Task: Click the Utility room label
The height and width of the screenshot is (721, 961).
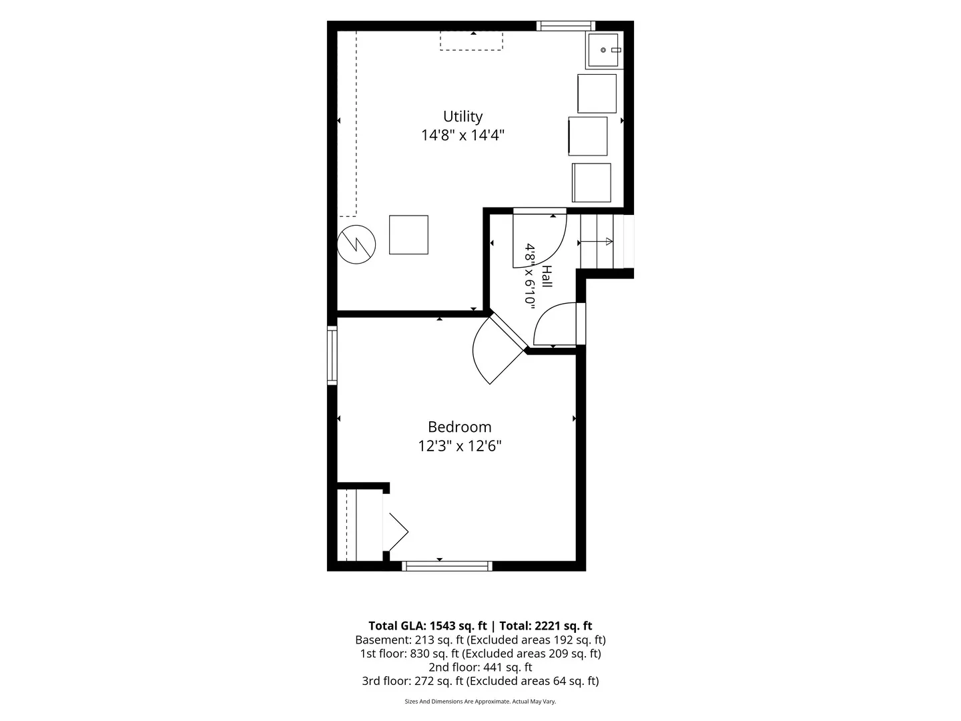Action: click(x=462, y=116)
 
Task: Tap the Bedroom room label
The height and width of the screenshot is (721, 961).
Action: click(x=459, y=427)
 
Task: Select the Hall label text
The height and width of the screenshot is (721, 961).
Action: click(x=547, y=276)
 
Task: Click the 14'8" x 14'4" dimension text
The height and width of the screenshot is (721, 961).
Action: click(x=462, y=136)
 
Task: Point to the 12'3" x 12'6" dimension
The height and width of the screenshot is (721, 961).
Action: click(x=459, y=446)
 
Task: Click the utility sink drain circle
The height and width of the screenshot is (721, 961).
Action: click(x=603, y=50)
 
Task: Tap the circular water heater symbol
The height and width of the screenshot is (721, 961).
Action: click(x=356, y=244)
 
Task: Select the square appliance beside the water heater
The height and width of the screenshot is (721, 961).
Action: click(x=408, y=234)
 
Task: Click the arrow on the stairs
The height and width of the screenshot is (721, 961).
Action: click(x=596, y=241)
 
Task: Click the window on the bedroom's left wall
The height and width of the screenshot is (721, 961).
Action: click(x=332, y=355)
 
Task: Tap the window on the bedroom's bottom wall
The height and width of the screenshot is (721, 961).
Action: click(x=447, y=566)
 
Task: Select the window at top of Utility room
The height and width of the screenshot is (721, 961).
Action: click(x=566, y=26)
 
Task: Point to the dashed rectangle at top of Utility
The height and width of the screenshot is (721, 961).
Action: click(x=472, y=41)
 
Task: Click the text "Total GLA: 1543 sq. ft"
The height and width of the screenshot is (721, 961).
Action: click(x=427, y=626)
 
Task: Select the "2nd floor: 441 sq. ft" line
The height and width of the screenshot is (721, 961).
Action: click(x=480, y=667)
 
